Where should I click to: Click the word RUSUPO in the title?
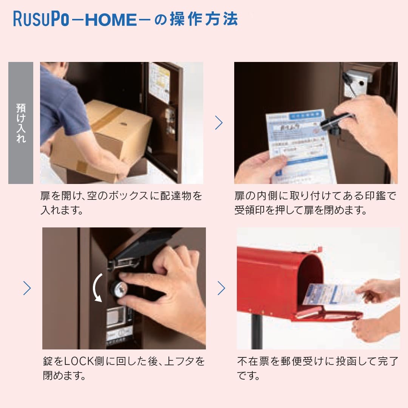[41, 19]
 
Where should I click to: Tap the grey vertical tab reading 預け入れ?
[21, 123]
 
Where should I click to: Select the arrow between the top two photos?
[219, 123]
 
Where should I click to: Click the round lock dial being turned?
[119, 289]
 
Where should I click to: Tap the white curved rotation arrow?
[97, 287]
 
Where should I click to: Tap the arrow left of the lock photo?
[27, 288]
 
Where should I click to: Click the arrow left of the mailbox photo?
[221, 288]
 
